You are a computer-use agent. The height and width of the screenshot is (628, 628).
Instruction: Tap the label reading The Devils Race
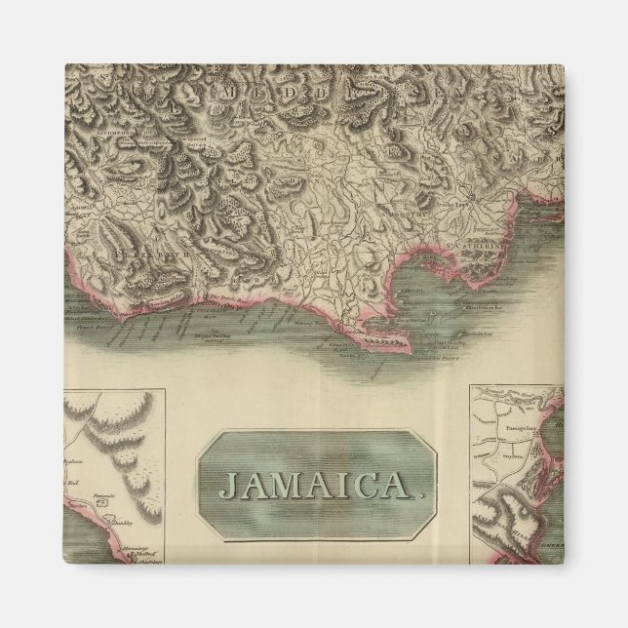click(x=220, y=298)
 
